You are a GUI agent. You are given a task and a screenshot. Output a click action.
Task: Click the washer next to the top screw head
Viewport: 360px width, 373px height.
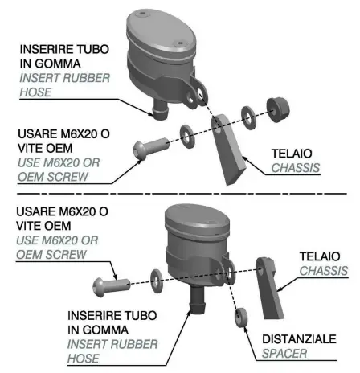click(186, 131)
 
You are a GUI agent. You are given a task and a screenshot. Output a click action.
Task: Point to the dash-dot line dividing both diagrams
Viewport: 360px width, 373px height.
click(180, 195)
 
